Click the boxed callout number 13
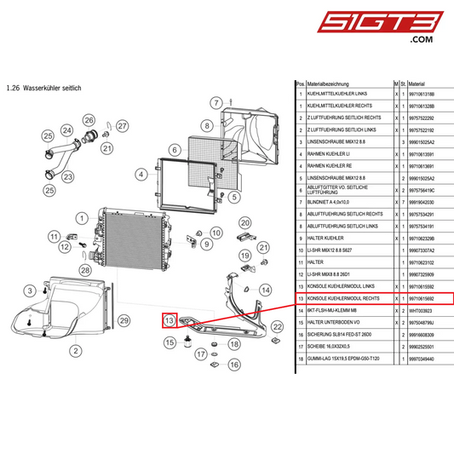[x=170, y=321]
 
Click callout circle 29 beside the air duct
[x=124, y=320]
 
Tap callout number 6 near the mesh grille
[x=174, y=150]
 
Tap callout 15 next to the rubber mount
[x=170, y=342]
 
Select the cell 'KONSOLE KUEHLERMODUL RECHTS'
[x=342, y=299]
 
